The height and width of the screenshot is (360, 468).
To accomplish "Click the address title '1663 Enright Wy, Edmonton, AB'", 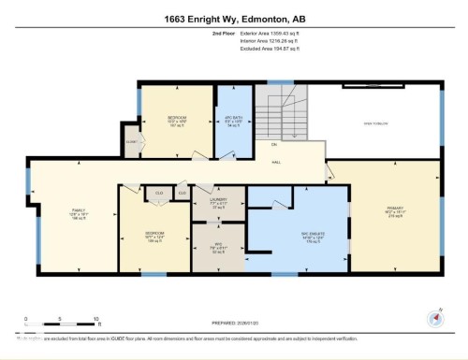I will (233, 19).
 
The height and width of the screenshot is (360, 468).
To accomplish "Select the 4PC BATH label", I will (234, 120).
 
